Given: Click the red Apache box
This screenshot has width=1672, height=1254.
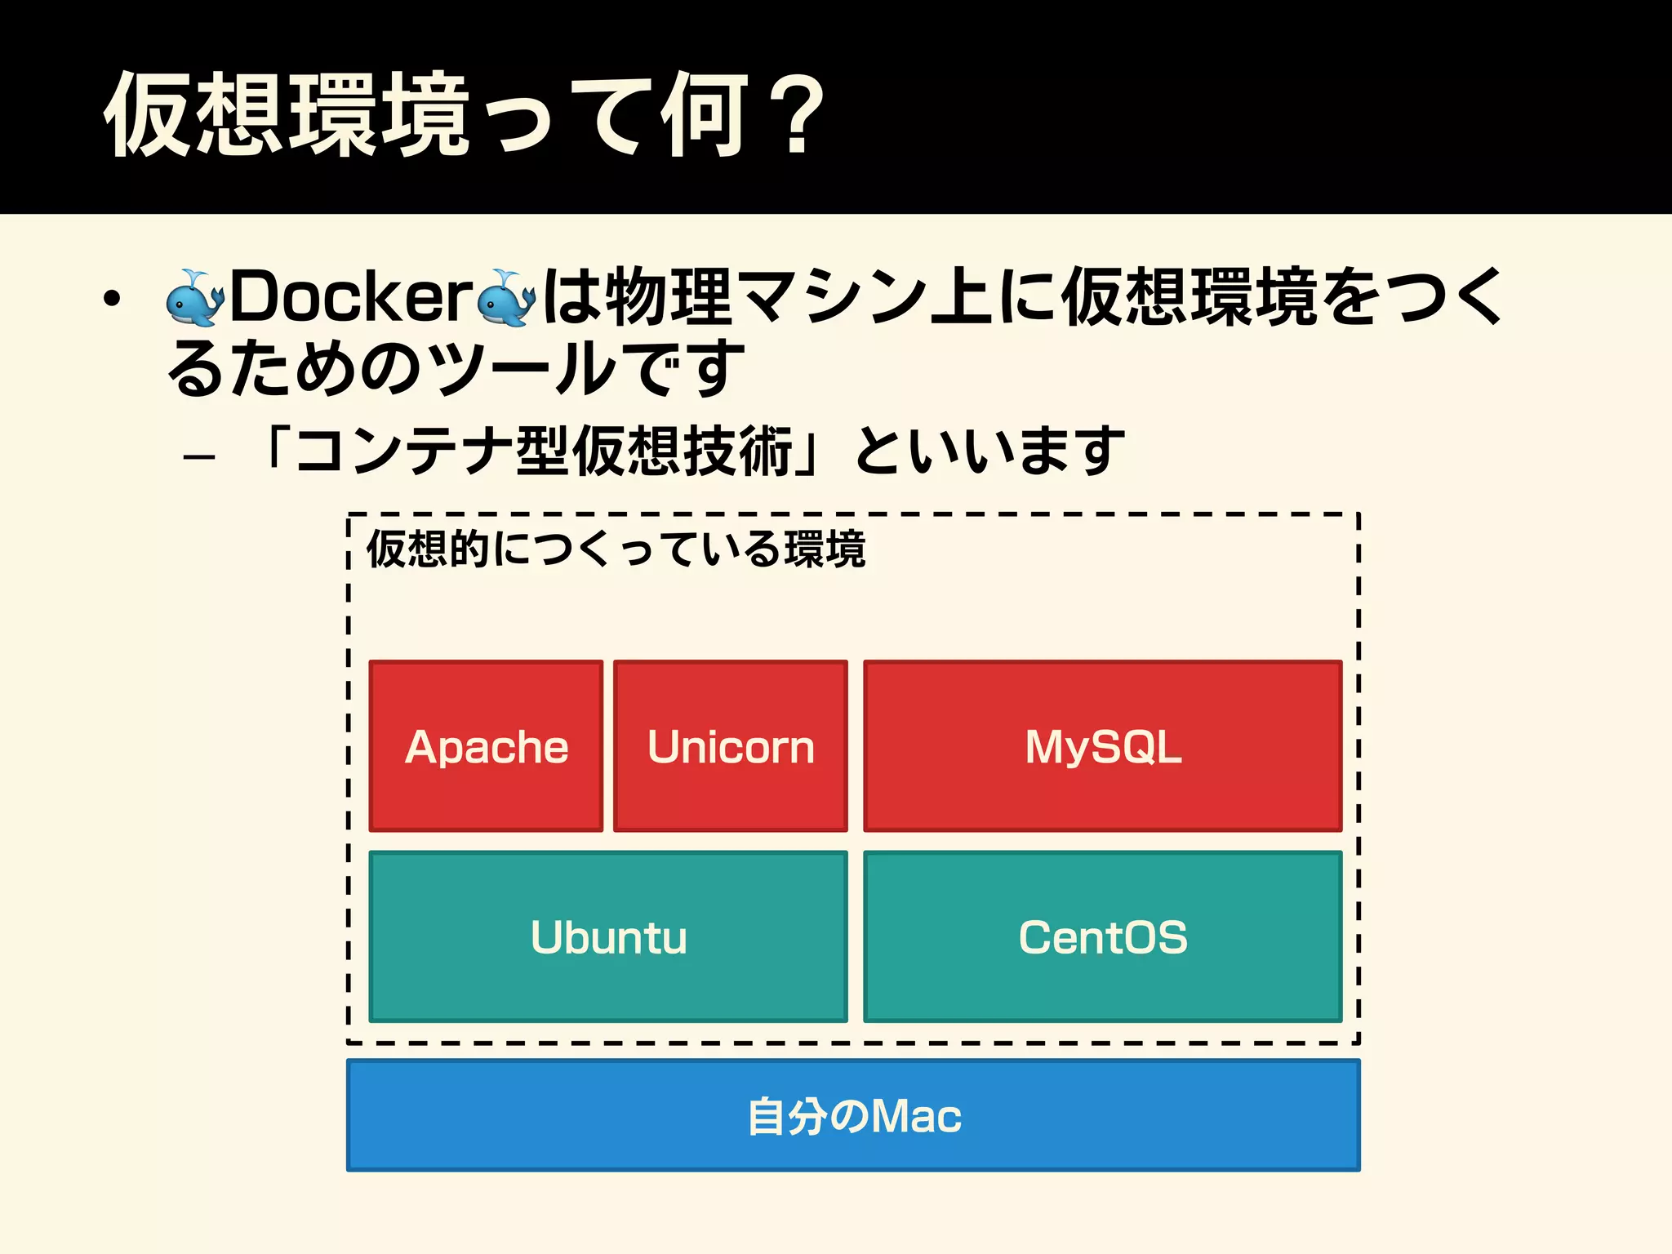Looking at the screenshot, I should click(486, 746).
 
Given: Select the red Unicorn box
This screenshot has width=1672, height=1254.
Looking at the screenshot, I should click(731, 746).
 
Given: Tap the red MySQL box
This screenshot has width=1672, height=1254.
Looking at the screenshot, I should click(1102, 746).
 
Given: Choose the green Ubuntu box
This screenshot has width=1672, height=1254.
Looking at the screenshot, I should click(608, 936).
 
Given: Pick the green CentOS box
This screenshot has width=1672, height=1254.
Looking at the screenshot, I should click(1102, 936).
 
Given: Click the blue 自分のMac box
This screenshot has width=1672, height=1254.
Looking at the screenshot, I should click(853, 1115).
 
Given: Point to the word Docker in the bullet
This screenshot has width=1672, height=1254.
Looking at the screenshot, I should click(351, 296).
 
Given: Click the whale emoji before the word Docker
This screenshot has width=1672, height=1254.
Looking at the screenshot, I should click(194, 298).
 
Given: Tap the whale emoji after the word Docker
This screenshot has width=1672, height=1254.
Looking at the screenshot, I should click(506, 298).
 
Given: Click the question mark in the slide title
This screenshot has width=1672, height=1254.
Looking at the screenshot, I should click(798, 114).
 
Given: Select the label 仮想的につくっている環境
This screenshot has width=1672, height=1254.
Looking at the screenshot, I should click(616, 549).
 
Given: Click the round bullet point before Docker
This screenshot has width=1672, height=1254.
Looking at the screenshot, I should click(112, 299).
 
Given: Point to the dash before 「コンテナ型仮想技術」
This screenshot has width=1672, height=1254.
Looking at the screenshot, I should click(199, 456).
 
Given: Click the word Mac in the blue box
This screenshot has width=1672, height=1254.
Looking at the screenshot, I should click(916, 1116).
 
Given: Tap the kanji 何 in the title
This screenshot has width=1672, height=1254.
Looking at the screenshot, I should click(705, 114).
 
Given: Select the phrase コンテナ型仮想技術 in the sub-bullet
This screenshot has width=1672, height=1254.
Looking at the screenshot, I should click(544, 451).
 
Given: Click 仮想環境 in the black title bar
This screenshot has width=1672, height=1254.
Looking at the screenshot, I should click(286, 114).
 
